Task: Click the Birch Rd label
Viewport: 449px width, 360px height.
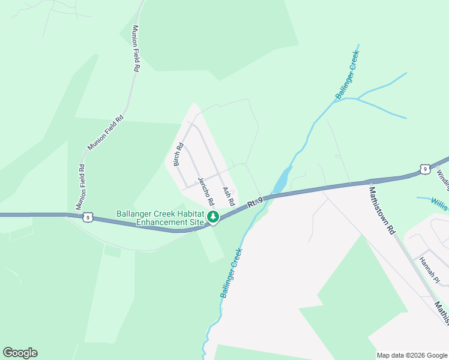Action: (x=178, y=154)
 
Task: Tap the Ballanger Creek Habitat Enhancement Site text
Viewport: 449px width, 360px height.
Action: (x=160, y=218)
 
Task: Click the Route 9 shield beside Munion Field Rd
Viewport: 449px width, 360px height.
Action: (x=88, y=217)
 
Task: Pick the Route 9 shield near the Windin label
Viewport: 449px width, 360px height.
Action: (x=424, y=169)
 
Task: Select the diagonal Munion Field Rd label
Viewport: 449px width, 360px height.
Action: (x=106, y=132)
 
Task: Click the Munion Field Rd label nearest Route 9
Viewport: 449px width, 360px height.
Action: (x=81, y=187)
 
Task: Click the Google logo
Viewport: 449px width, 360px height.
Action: (x=20, y=353)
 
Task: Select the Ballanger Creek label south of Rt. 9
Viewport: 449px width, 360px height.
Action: (x=231, y=273)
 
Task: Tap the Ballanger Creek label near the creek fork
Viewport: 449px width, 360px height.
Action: (x=348, y=74)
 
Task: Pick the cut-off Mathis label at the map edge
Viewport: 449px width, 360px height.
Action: (x=442, y=313)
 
